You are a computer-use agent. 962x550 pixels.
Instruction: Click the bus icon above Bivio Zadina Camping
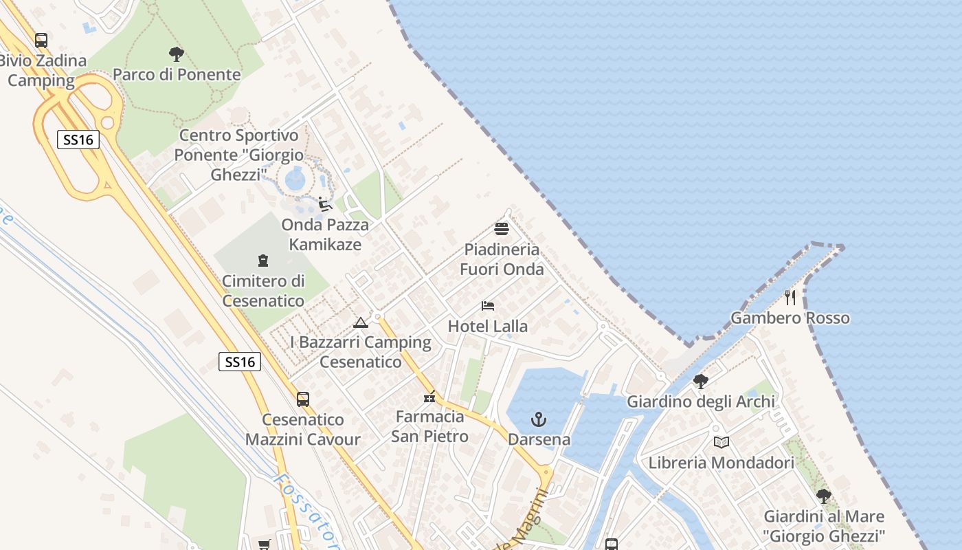point(41,41)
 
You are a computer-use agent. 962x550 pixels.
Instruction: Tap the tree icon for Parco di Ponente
point(177,54)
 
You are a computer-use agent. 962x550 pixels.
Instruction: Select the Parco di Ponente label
point(177,74)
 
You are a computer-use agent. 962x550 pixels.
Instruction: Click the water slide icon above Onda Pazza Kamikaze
point(325,204)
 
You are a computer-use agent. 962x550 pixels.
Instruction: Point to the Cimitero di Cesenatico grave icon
point(262,261)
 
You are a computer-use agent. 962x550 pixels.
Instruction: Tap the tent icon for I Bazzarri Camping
point(360,322)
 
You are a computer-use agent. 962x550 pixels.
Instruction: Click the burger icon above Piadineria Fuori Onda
point(502,229)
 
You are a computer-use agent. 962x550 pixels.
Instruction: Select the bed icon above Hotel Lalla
point(488,306)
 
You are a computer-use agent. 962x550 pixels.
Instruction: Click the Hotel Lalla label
point(488,326)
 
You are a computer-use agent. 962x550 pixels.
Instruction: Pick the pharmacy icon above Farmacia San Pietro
point(429,397)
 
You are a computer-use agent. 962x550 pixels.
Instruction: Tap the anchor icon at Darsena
point(539,419)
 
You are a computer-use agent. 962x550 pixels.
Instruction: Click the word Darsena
point(539,439)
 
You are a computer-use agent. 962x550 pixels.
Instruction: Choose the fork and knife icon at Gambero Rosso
point(790,298)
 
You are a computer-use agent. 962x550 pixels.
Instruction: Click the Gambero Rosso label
point(790,318)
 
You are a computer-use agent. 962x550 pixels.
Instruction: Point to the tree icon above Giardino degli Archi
point(700,382)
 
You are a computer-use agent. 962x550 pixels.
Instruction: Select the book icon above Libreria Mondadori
point(721,443)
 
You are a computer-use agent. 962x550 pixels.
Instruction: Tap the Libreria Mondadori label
point(721,463)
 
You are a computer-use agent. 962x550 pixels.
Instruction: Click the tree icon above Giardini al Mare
point(823,496)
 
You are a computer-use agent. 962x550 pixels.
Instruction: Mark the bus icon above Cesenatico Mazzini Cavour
point(303,399)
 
